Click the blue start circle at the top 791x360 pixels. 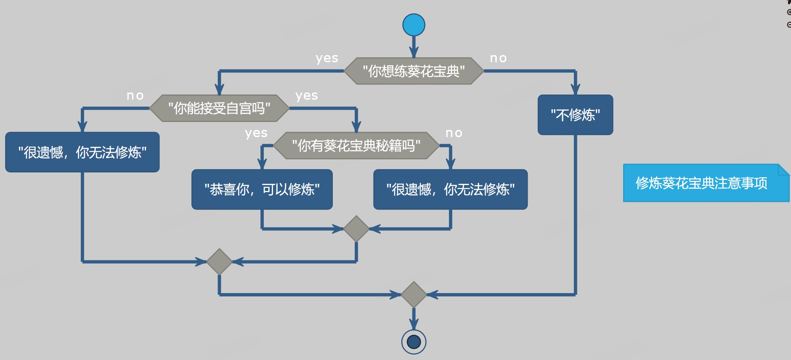pos(414,25)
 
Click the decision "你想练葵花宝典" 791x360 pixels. pos(414,71)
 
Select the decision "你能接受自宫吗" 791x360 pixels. pos(219,108)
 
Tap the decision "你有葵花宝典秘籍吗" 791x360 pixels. pos(356,146)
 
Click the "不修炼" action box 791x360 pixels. pos(575,115)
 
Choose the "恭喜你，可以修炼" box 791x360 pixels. pos(262,189)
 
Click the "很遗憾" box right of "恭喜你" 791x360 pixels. pos(450,189)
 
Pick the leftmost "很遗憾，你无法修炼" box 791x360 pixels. pos(82,152)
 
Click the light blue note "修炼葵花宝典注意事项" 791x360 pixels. pos(701,183)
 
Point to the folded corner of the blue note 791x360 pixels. pos(784,169)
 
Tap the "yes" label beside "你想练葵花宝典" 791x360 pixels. pos(327,58)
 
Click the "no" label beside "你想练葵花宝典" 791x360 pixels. pos(498,58)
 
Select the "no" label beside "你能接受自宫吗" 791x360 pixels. pos(135,95)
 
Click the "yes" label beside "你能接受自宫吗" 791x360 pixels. pos(307,95)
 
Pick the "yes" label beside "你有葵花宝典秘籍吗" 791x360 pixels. pos(256,133)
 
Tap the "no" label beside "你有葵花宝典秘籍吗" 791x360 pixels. pos(454,133)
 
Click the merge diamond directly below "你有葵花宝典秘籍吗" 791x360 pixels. pos(356,229)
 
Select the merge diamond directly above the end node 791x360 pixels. pos(414,294)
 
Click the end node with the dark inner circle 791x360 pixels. pos(414,341)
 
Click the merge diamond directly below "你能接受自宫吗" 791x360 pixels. pos(219,262)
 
